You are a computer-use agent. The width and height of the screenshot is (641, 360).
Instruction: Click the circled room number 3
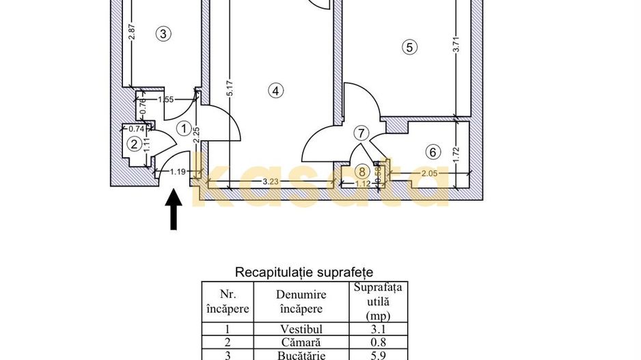(163, 33)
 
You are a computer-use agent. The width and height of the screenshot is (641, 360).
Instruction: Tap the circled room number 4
(275, 90)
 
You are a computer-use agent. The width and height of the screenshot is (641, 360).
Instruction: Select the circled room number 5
(409, 47)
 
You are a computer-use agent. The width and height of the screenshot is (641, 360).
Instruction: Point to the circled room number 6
(433, 152)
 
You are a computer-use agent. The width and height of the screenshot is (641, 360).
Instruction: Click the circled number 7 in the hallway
(361, 133)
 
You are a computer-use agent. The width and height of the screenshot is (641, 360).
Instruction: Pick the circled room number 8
(362, 171)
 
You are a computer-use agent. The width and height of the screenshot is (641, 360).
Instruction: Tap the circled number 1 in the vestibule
(184, 128)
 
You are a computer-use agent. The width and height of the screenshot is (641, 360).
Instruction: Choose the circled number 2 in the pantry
(134, 144)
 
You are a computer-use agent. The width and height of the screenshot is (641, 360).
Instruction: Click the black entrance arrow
(174, 209)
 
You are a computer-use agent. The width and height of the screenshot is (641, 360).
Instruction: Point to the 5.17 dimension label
(230, 88)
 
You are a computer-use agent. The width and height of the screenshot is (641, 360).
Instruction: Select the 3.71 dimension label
(456, 44)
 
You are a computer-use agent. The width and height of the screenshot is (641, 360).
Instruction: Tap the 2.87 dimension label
(132, 31)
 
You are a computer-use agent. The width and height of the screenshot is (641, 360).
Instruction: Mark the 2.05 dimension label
(429, 174)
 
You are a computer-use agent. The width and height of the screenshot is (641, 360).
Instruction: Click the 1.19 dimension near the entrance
(178, 172)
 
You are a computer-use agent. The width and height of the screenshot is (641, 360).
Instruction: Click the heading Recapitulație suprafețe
(303, 272)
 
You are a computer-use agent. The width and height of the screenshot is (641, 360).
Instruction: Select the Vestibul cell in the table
(301, 329)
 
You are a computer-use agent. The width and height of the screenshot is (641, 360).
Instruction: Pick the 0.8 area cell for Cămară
(378, 342)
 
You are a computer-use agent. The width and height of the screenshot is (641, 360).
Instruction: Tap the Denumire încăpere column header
(301, 301)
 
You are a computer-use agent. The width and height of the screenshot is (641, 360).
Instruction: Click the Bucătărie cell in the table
(301, 355)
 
